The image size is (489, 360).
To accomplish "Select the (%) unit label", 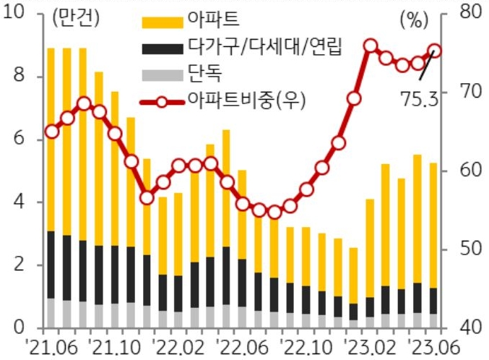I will tap(413, 20).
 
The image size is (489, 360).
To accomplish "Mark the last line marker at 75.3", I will tap(435, 51).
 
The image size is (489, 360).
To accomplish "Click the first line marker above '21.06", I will tap(51, 131).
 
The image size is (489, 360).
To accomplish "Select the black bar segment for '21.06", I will tap(51, 265).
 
